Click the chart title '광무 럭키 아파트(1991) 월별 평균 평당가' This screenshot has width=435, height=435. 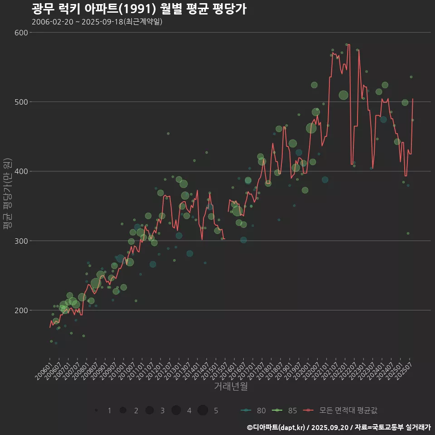139,9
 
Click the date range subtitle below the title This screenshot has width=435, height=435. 97,22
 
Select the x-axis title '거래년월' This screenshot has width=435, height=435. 231,387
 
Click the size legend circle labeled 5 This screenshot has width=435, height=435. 203,410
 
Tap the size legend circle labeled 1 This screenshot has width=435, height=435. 96,410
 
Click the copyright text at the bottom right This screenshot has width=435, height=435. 338,427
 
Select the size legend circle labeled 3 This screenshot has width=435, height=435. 150,410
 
